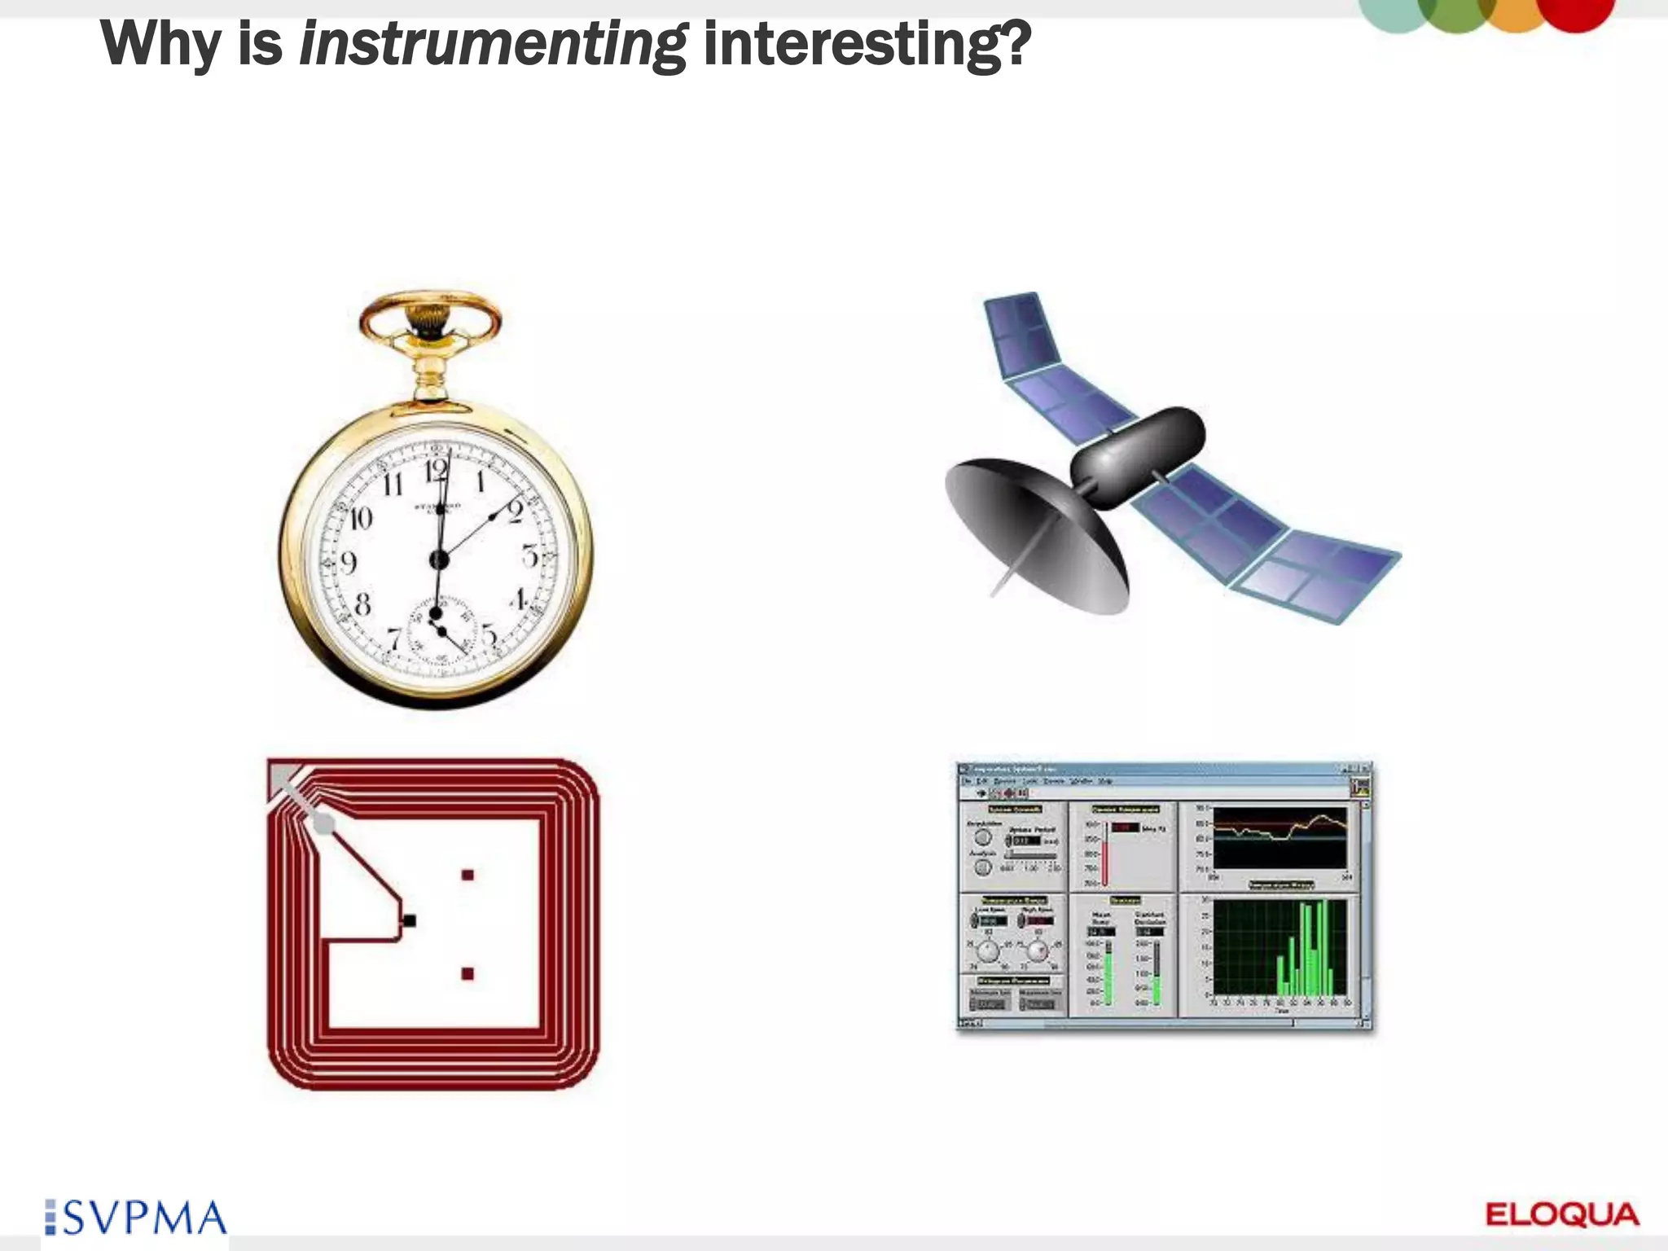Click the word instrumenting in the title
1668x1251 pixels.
pos(493,45)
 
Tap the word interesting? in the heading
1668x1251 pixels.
pos(867,45)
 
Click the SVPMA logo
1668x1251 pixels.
pos(137,1218)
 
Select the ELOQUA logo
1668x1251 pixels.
pos(1562,1214)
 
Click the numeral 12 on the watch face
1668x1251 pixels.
pos(437,471)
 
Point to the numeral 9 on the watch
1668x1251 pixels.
pos(349,562)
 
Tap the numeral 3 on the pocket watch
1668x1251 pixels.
pos(530,557)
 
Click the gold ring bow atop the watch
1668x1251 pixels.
pos(430,314)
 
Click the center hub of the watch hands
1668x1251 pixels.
pos(439,560)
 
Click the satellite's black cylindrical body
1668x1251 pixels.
pos(1137,456)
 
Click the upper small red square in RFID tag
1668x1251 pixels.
pos(467,875)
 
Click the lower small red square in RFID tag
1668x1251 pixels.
pos(467,973)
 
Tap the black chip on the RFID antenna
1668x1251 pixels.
pos(410,920)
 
